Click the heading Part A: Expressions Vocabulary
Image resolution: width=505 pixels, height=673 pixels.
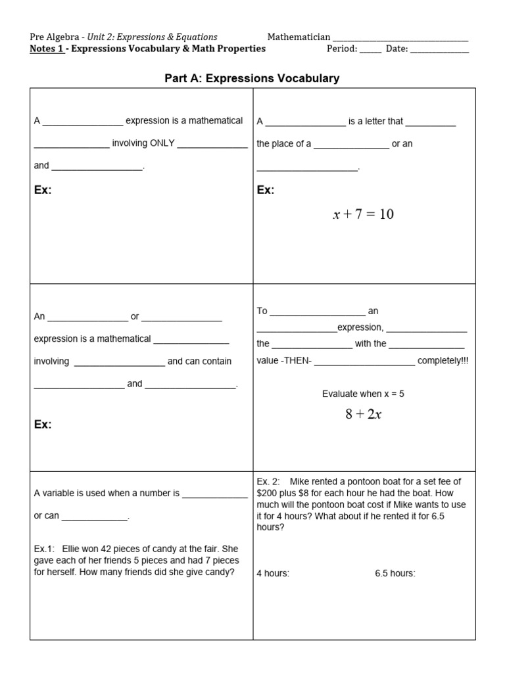(252, 78)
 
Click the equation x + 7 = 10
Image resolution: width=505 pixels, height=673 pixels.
(363, 214)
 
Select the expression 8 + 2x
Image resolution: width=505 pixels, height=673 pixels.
(363, 415)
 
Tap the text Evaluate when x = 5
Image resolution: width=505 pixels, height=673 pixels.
(363, 394)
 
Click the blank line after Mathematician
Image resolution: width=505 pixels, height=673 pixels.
(400, 37)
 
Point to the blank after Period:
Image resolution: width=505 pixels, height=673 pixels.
(370, 49)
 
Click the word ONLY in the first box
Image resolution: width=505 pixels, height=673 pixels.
(162, 143)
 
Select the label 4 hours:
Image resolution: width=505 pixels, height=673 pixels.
(273, 573)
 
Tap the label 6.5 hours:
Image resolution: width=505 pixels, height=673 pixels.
(395, 573)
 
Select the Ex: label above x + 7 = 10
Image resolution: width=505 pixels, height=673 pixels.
(266, 190)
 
